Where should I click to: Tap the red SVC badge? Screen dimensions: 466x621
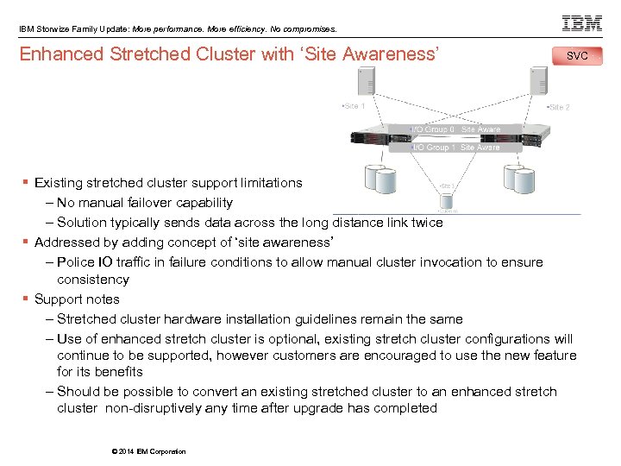pyautogui.click(x=578, y=56)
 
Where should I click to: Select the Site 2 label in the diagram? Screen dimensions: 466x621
pyautogui.click(x=558, y=107)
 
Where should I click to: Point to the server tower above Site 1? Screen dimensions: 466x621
pyautogui.click(x=367, y=82)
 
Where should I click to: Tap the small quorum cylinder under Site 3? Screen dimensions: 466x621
pyautogui.click(x=447, y=200)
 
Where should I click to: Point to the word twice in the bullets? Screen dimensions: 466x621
pyautogui.click(x=427, y=223)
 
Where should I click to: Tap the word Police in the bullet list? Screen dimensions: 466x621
pyautogui.click(x=76, y=261)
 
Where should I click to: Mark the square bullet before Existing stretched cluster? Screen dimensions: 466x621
pyautogui.click(x=27, y=183)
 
